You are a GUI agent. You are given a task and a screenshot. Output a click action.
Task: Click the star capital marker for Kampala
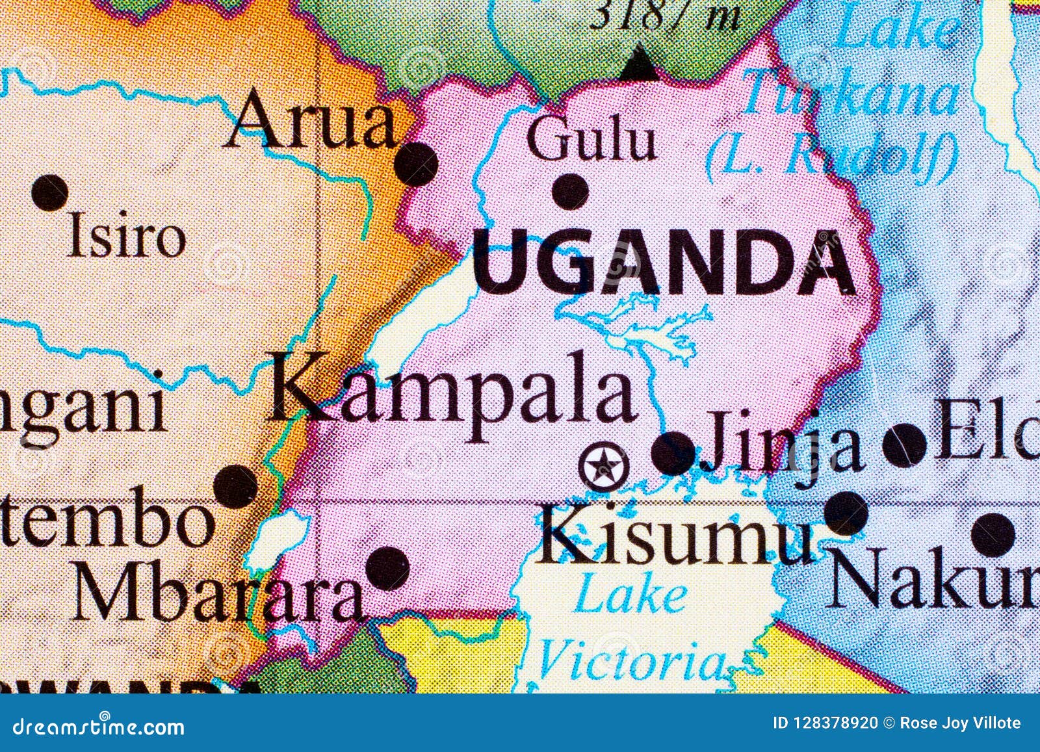[x=604, y=465]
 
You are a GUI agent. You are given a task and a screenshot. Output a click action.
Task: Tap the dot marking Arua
[x=416, y=163]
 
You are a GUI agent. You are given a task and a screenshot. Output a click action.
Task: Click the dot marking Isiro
[x=50, y=192]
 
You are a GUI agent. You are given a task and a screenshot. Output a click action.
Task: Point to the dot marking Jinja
[x=673, y=453]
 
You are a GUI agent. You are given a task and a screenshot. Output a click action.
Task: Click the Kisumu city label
[x=676, y=537]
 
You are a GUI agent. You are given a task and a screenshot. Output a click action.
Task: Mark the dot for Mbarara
[x=387, y=568]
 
